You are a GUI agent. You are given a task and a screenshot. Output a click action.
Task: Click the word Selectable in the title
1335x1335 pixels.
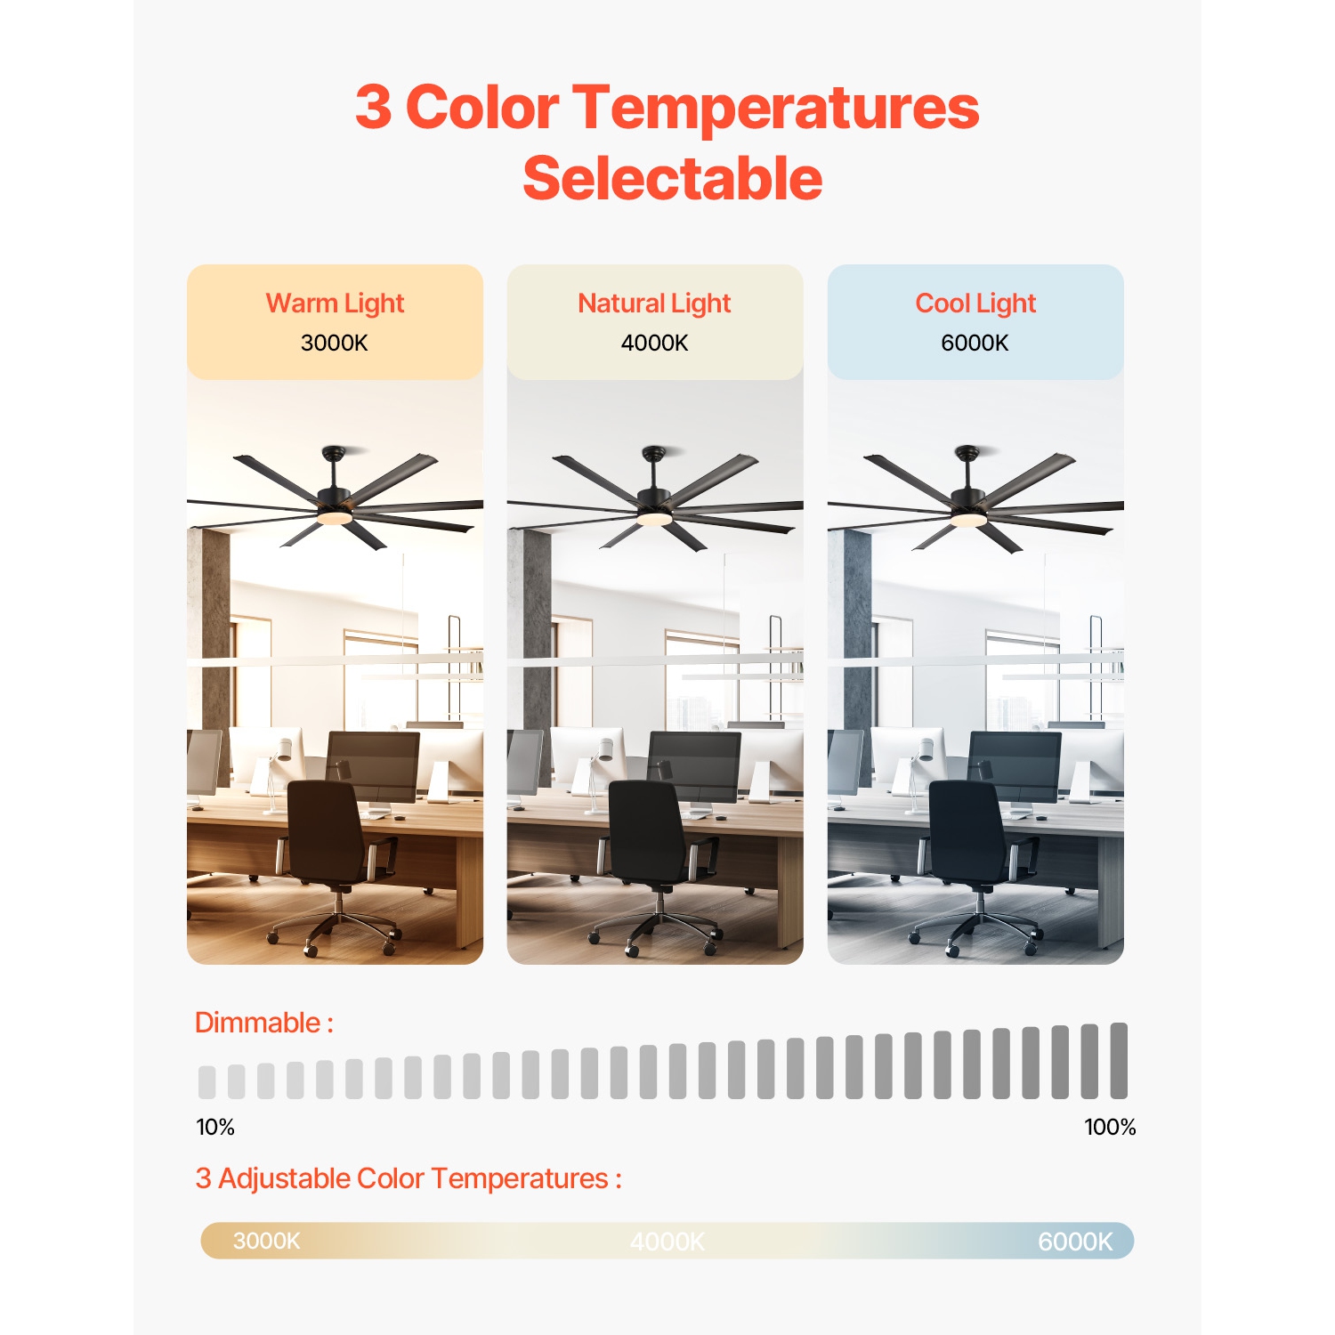pyautogui.click(x=672, y=179)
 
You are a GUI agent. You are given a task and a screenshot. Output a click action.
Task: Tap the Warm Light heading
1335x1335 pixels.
pyautogui.click(x=335, y=303)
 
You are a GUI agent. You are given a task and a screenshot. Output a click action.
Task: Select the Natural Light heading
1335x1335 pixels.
pyautogui.click(x=654, y=303)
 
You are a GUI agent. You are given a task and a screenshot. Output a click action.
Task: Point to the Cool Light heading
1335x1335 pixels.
pyautogui.click(x=975, y=303)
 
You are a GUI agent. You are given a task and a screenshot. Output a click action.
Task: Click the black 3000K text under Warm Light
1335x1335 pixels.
pyautogui.click(x=334, y=343)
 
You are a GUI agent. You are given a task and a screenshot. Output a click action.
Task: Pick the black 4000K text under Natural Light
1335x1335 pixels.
pyautogui.click(x=654, y=343)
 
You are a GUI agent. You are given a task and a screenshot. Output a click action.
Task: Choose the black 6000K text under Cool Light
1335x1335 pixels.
pyautogui.click(x=975, y=343)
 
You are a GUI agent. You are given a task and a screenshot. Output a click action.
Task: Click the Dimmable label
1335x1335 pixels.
pyautogui.click(x=263, y=1023)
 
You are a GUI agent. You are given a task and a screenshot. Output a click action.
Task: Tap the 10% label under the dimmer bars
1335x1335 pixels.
pyautogui.click(x=215, y=1127)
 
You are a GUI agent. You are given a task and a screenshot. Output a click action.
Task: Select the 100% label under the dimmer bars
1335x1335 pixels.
pyautogui.click(x=1110, y=1127)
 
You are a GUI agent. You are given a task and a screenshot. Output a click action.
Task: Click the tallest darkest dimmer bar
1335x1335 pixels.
pyautogui.click(x=1119, y=1061)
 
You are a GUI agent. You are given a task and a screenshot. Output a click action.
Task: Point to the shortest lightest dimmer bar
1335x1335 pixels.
pyautogui.click(x=207, y=1081)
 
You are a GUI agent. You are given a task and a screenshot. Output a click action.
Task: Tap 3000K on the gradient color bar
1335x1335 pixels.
pyautogui.click(x=266, y=1241)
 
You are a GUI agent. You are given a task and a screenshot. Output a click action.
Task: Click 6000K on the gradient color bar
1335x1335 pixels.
pyautogui.click(x=1075, y=1242)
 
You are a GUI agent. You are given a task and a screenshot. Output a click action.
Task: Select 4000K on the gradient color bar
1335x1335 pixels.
pyautogui.click(x=667, y=1242)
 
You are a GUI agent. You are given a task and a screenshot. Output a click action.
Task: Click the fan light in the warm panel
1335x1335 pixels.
pyautogui.click(x=333, y=516)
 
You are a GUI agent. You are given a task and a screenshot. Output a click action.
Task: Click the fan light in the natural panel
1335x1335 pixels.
pyautogui.click(x=654, y=517)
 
